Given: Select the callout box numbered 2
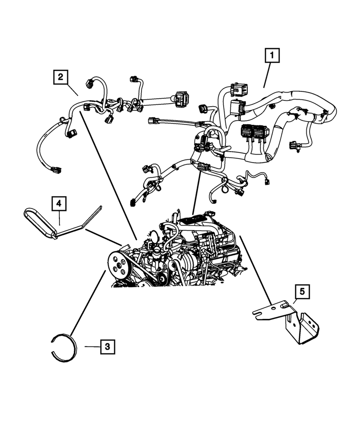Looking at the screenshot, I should [x=61, y=77].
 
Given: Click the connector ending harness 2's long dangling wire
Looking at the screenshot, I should [x=56, y=169].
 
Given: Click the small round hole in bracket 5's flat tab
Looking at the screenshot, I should [x=273, y=308].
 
